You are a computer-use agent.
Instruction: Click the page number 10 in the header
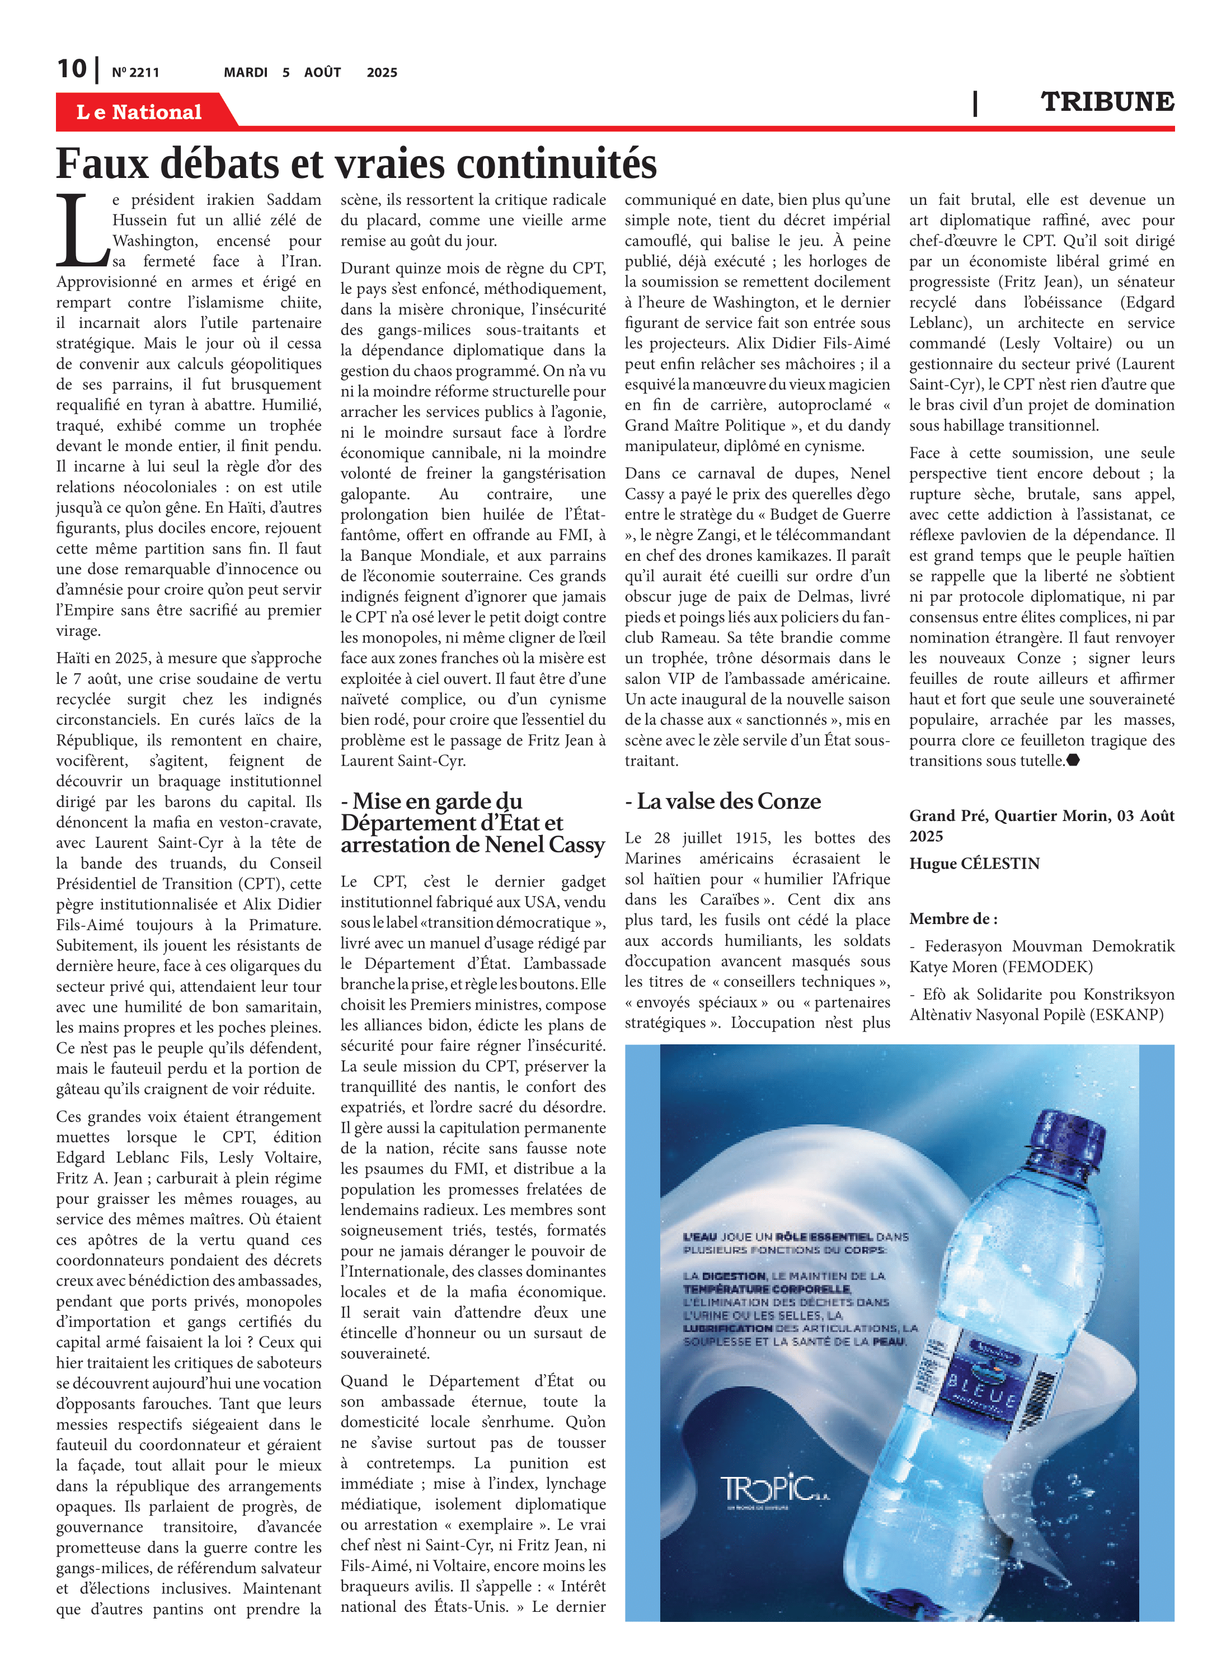pyautogui.click(x=72, y=69)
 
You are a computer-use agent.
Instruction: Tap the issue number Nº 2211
pyautogui.click(x=135, y=73)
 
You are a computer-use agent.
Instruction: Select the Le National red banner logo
pyautogui.click(x=139, y=112)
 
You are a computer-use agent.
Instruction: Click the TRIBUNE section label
pyautogui.click(x=1107, y=102)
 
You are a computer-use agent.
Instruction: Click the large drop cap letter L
pyautogui.click(x=81, y=231)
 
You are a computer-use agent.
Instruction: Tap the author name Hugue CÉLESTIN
pyautogui.click(x=974, y=864)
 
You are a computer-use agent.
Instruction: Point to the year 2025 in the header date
pyautogui.click(x=382, y=73)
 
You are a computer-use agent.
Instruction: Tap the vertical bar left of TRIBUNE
pyautogui.click(x=975, y=103)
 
